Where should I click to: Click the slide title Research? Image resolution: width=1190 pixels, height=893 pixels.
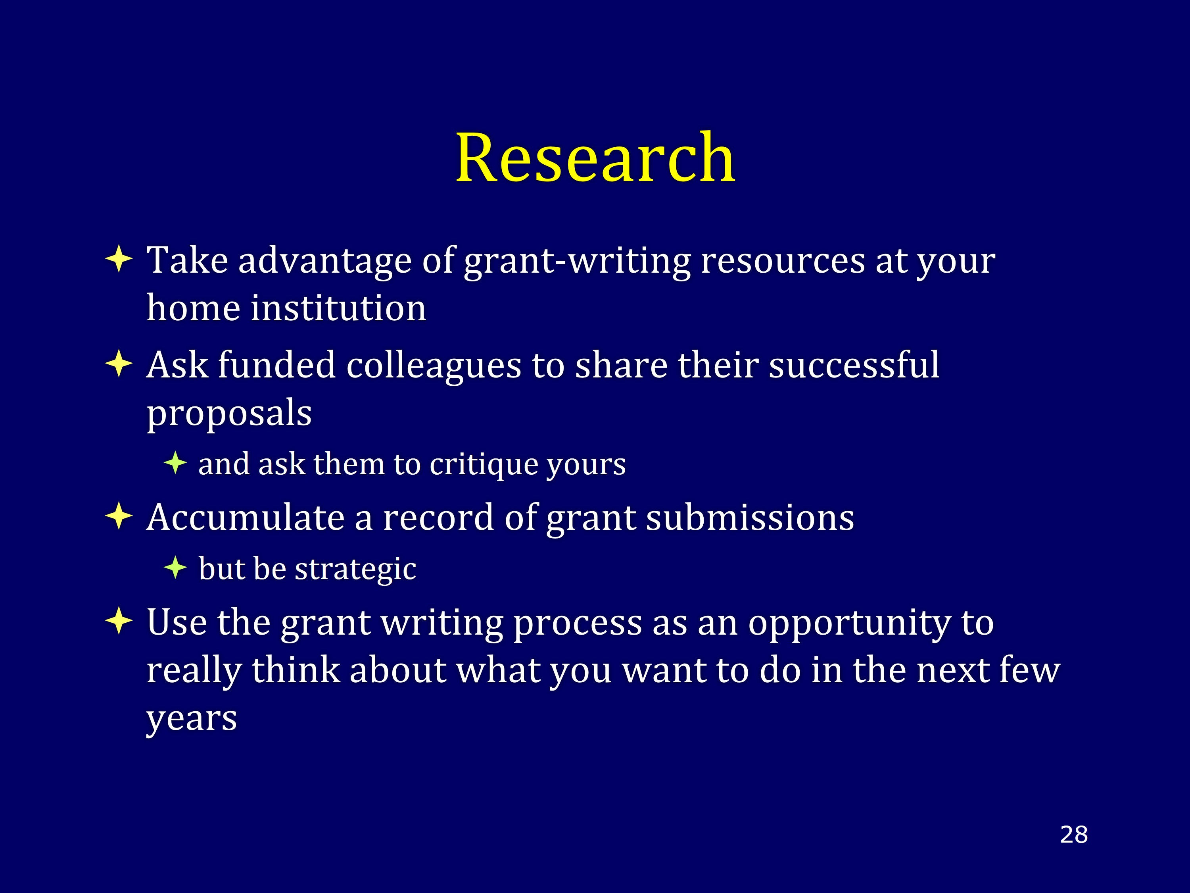pyautogui.click(x=595, y=157)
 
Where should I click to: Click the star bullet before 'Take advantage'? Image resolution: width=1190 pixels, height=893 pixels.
pyautogui.click(x=119, y=260)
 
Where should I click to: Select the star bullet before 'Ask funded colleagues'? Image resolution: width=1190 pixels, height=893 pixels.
pyautogui.click(x=119, y=364)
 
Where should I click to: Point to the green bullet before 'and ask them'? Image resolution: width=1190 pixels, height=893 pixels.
pyautogui.click(x=175, y=463)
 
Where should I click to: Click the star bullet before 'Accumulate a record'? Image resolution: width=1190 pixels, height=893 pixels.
pyautogui.click(x=119, y=517)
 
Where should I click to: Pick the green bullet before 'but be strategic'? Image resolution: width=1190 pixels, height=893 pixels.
pyautogui.click(x=175, y=568)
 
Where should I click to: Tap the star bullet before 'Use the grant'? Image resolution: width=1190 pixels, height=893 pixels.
pyautogui.click(x=119, y=622)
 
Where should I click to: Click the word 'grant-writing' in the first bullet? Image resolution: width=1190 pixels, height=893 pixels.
pyautogui.click(x=577, y=262)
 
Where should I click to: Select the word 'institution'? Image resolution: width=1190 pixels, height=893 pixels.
pyautogui.click(x=338, y=308)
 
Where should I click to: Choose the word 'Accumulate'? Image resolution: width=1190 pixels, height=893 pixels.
pyautogui.click(x=245, y=517)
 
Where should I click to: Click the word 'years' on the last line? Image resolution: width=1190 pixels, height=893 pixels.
pyautogui.click(x=192, y=720)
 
